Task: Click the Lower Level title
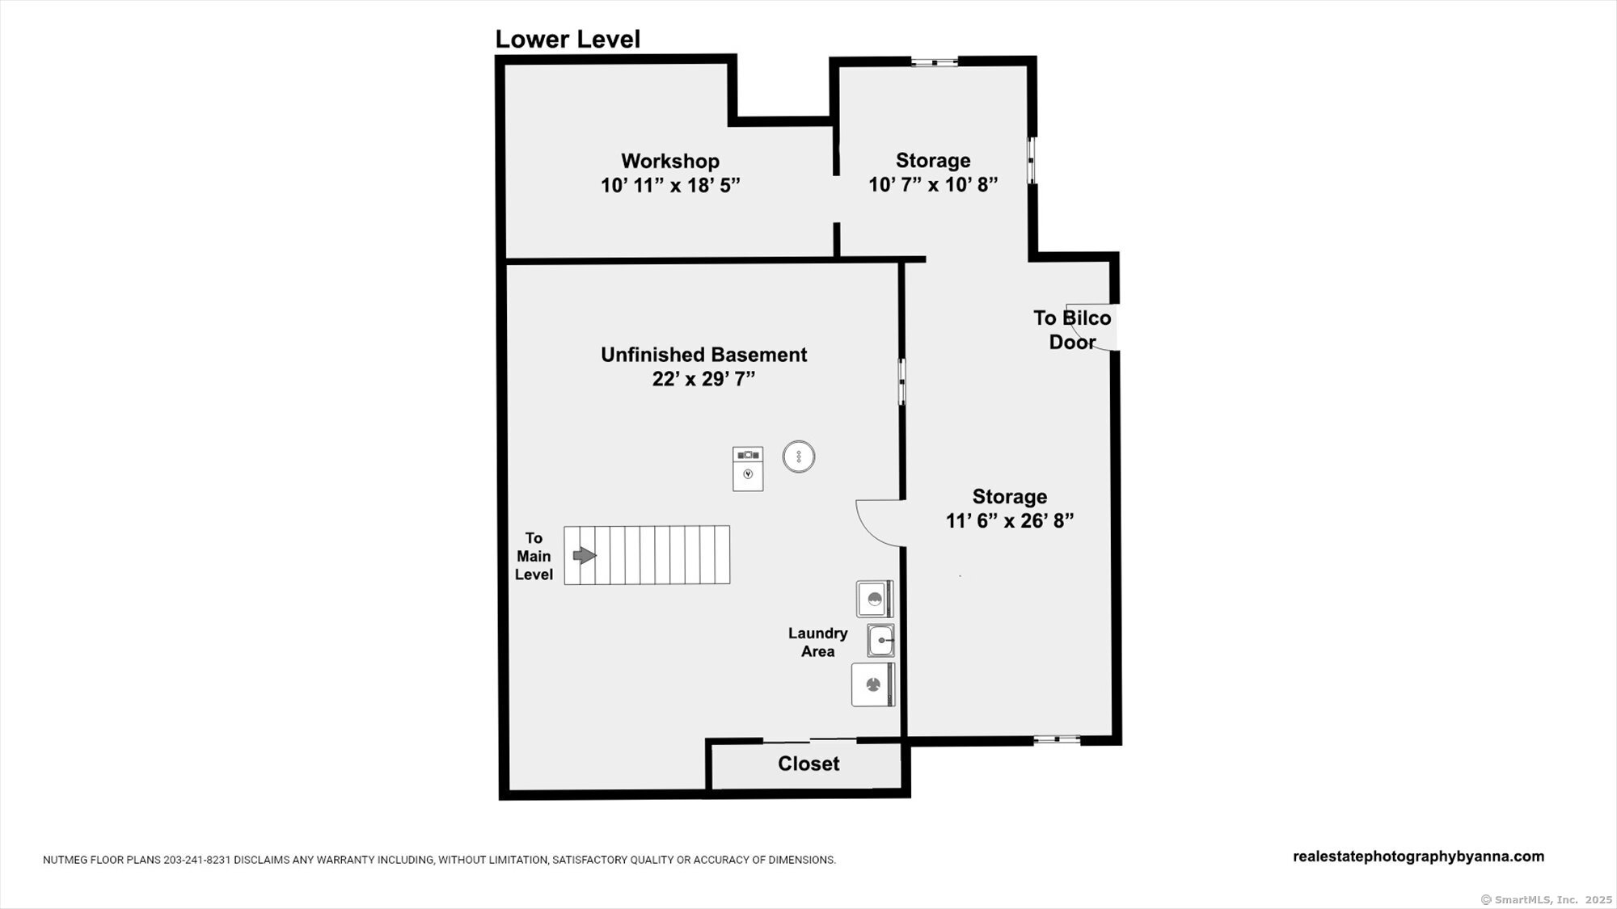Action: click(568, 40)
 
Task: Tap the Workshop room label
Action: click(670, 161)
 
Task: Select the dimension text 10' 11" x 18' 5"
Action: click(670, 185)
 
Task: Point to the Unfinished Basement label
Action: click(703, 355)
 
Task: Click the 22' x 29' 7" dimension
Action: click(703, 379)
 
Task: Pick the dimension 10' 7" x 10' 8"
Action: click(933, 185)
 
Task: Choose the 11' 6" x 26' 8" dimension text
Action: click(1010, 521)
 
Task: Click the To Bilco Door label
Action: click(1072, 330)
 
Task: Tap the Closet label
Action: click(808, 764)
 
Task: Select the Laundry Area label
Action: click(818, 642)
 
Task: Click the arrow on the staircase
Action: click(585, 555)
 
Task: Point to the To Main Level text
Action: click(534, 556)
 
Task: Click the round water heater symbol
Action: click(799, 457)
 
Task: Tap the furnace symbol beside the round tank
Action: click(748, 469)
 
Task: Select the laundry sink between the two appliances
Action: click(880, 640)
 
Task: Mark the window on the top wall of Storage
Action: click(935, 61)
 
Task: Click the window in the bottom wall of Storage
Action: click(1057, 739)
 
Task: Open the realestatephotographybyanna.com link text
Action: click(1419, 856)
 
